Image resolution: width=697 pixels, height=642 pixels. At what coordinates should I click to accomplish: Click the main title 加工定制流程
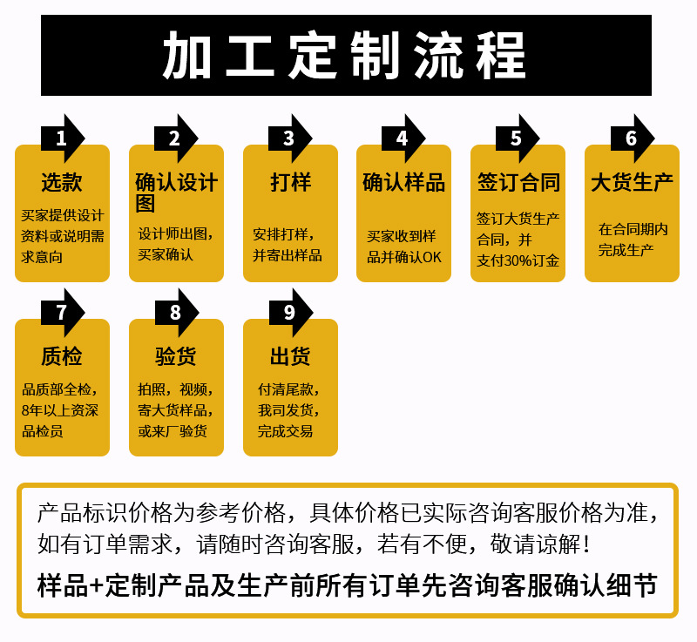point(346,55)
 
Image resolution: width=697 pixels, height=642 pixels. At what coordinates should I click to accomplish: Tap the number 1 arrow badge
point(62,138)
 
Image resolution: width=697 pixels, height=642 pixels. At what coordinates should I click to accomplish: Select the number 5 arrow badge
point(517,138)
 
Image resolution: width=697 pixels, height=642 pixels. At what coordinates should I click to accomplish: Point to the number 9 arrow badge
point(289,313)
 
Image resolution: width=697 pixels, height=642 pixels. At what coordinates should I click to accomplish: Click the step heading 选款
point(62,182)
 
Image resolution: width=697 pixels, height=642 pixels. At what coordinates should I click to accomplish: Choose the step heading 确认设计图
point(176,192)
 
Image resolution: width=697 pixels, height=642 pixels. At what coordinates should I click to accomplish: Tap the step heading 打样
point(290,182)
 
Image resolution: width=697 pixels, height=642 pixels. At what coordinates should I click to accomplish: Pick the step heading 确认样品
point(403,182)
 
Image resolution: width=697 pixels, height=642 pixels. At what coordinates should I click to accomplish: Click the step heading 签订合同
point(518,182)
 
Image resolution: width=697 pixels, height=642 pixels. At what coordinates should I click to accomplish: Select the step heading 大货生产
point(632,182)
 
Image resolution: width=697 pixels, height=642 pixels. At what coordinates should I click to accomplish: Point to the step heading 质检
point(62,356)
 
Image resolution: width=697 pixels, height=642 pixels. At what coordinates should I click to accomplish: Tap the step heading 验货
point(176,356)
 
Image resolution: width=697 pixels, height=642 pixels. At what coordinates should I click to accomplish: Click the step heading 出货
point(290,356)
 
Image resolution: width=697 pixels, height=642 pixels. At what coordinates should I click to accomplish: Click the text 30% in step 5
point(518,260)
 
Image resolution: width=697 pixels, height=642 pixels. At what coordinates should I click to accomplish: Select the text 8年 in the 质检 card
point(31,410)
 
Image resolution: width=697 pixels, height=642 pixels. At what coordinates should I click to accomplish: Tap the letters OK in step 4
point(433,257)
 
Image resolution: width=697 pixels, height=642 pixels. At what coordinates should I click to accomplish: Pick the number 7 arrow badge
point(62,313)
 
